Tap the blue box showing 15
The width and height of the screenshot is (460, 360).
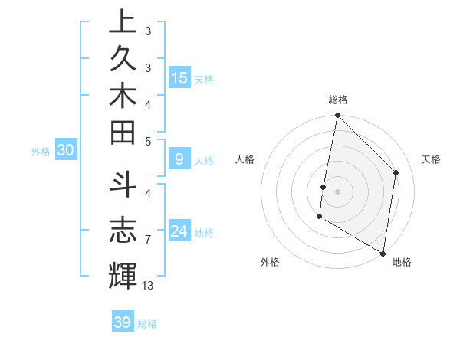(179, 78)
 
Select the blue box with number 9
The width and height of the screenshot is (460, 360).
(179, 160)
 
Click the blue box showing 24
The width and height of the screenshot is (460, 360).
(179, 231)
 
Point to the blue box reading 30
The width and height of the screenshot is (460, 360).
(65, 151)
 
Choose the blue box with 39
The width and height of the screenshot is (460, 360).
(123, 322)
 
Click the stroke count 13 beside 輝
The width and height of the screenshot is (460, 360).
(147, 286)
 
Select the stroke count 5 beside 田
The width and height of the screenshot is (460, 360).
(147, 141)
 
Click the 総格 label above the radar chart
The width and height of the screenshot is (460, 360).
(337, 100)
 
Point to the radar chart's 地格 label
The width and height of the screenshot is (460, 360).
(402, 262)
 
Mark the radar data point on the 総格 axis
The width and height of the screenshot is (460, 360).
(337, 116)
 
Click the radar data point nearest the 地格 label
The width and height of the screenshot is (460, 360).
(382, 252)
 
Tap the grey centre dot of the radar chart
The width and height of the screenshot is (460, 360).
(337, 191)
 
